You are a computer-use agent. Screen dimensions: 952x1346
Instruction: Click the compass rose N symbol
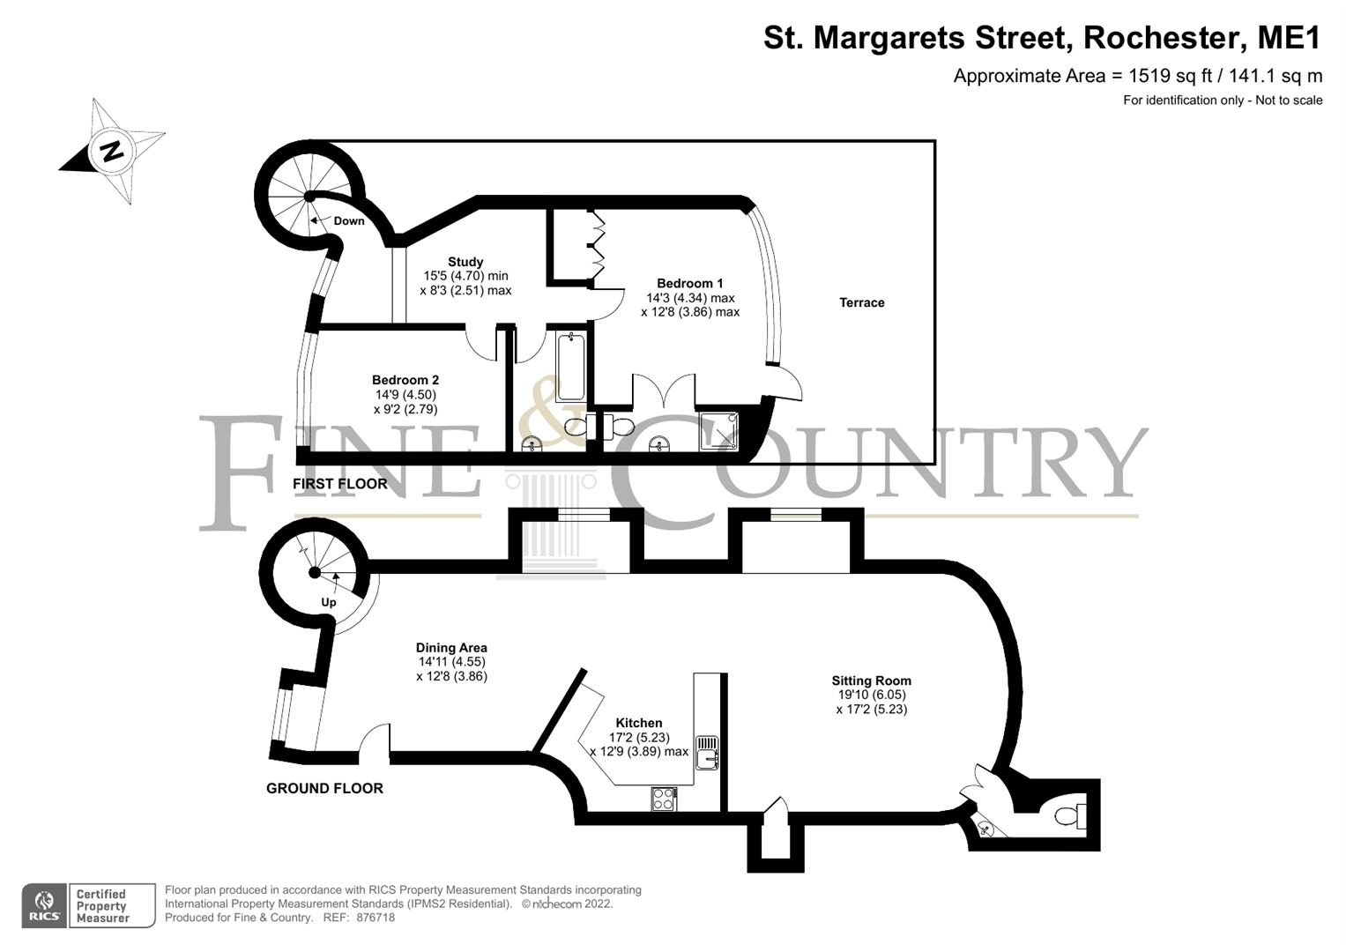click(x=112, y=151)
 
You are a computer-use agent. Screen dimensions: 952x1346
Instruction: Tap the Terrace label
click(x=861, y=302)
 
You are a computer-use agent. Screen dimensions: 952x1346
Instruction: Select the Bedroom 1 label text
click(x=689, y=283)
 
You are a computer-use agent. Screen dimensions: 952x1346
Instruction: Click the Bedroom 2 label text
click(x=405, y=380)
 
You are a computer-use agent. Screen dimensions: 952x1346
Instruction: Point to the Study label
click(x=465, y=262)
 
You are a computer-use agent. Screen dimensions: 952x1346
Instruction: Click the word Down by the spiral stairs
click(x=349, y=221)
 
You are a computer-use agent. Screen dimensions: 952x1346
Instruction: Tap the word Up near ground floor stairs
click(x=329, y=603)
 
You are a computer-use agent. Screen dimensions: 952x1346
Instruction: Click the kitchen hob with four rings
click(x=664, y=799)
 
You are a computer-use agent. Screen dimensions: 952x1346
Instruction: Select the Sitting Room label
click(x=871, y=681)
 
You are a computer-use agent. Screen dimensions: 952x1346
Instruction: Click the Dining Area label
click(x=451, y=648)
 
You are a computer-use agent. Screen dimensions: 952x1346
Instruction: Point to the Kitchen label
click(x=639, y=723)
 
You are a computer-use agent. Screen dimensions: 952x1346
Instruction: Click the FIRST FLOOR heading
click(x=340, y=484)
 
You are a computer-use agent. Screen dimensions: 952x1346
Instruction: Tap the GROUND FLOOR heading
click(x=324, y=788)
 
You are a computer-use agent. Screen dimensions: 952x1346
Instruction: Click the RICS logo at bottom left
click(x=44, y=906)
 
